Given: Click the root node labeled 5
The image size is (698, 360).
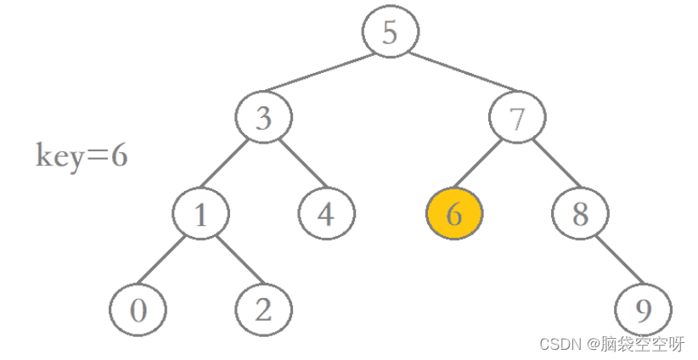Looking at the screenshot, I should tap(390, 32).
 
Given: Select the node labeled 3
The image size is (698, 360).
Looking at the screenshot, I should tap(264, 119).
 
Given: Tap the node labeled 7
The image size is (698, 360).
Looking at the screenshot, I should tap(518, 119).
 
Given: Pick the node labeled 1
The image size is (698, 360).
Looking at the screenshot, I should tap(201, 214).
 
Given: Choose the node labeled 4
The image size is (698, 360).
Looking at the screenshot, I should tap(326, 214).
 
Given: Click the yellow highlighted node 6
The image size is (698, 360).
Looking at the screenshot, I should tap(453, 214).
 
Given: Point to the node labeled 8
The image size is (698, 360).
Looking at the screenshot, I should tap(580, 214).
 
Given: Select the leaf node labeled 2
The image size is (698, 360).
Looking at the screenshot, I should tap(263, 310).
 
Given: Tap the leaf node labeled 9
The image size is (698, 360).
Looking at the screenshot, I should tap(643, 310).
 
